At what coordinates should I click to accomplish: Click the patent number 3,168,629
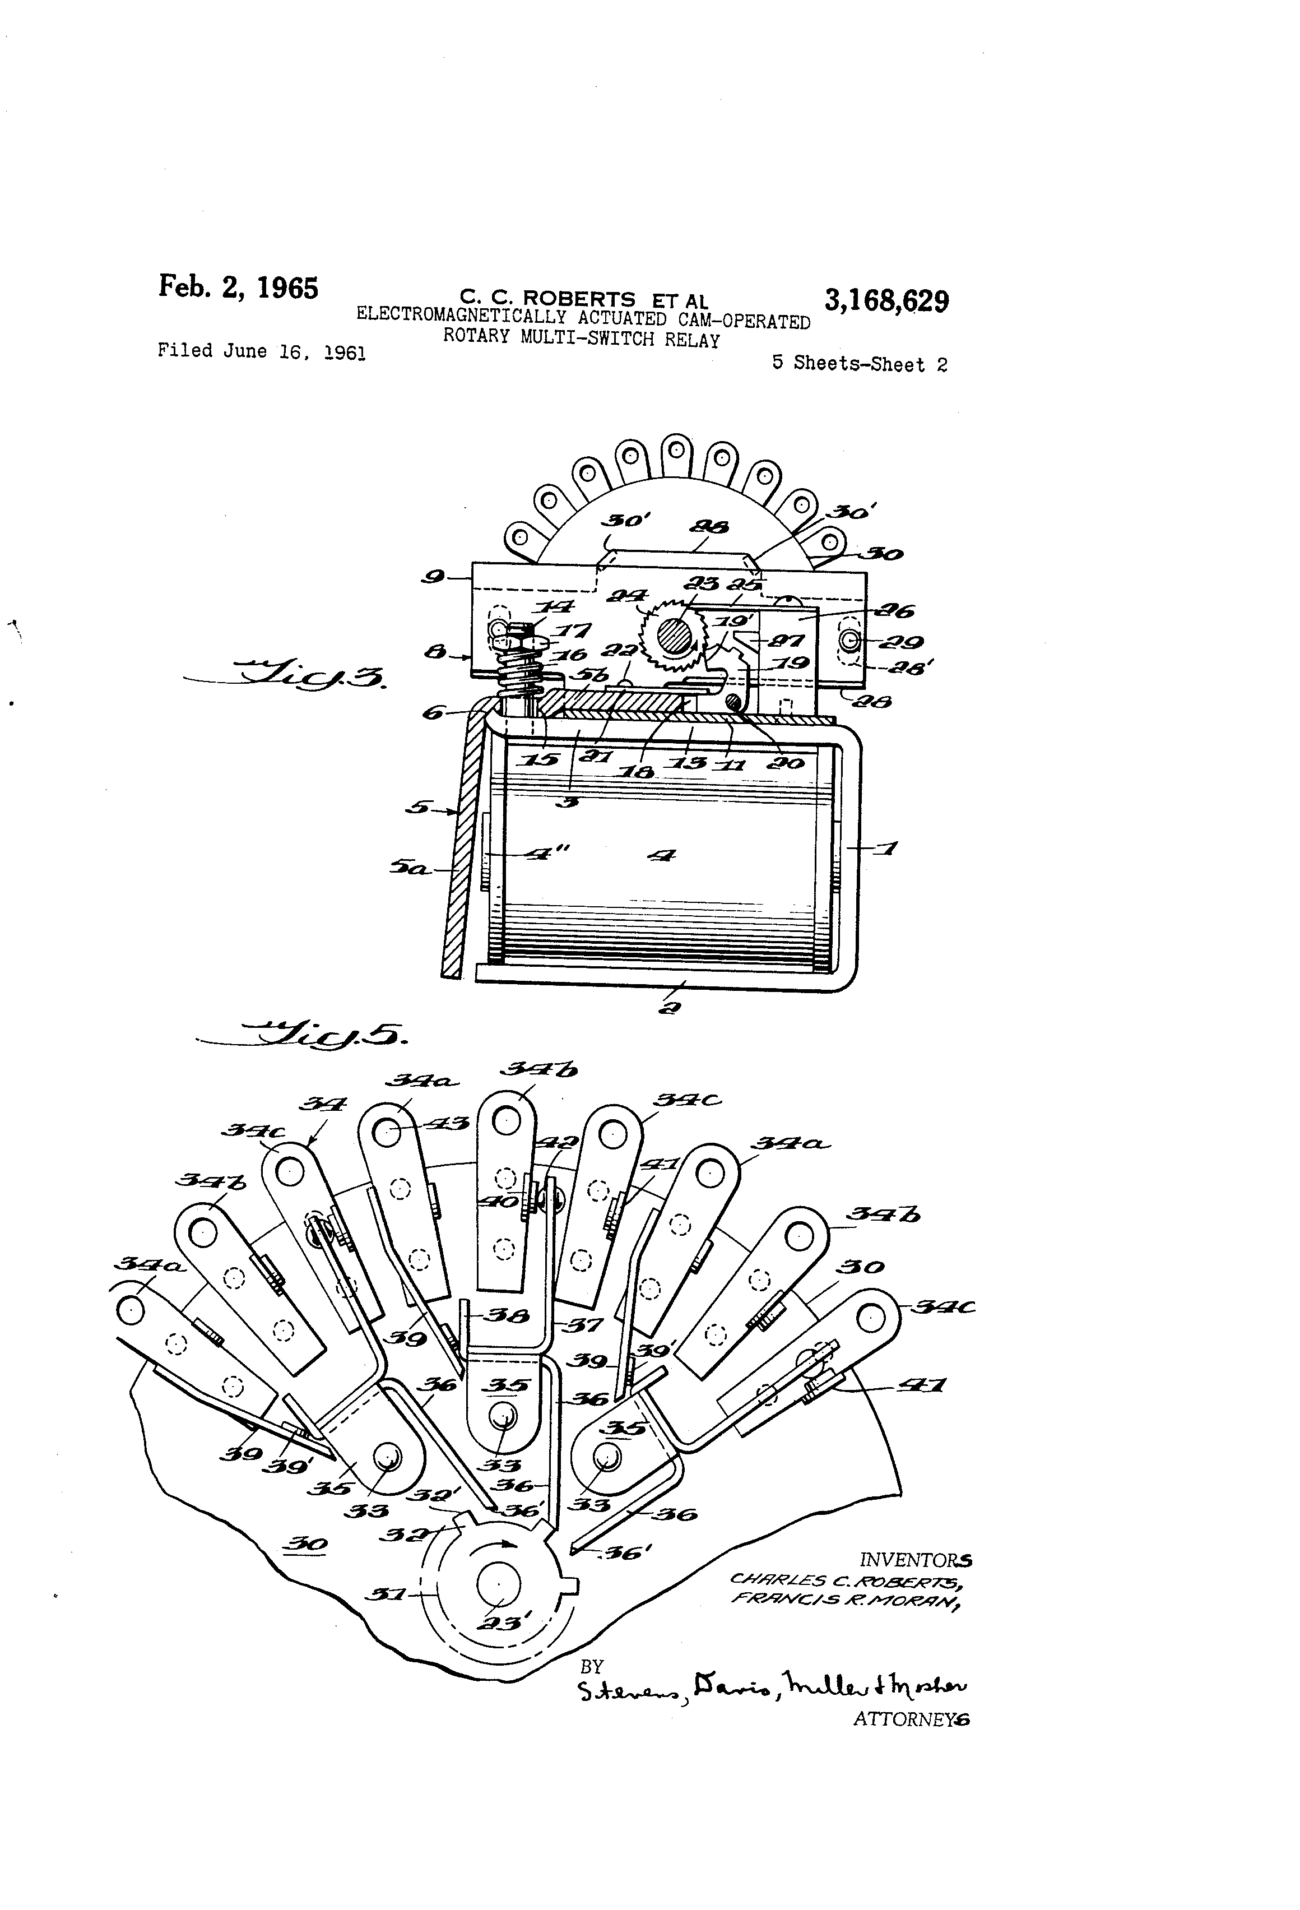click(x=886, y=301)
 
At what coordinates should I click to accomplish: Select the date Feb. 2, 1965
click(x=238, y=287)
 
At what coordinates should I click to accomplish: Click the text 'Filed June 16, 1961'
click(x=261, y=352)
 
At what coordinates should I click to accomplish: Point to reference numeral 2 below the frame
click(x=670, y=1008)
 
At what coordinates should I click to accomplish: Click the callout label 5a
click(x=408, y=866)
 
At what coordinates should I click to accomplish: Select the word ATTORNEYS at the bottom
click(x=911, y=1718)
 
